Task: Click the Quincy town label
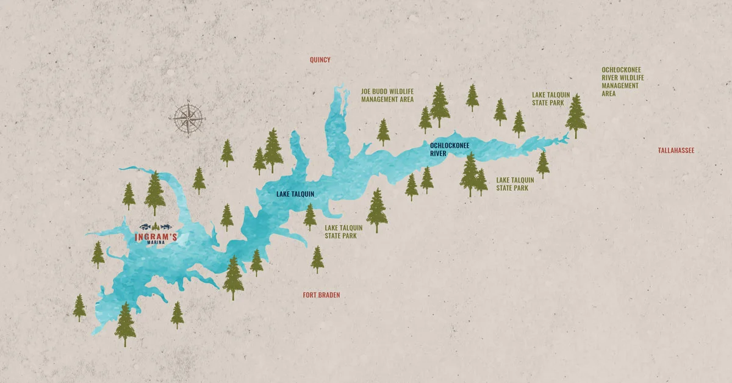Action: [320, 60]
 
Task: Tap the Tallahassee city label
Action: [676, 150]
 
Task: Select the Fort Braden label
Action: [321, 295]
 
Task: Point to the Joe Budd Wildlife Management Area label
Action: [387, 95]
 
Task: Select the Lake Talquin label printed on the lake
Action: [295, 195]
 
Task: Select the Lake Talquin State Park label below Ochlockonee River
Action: [515, 184]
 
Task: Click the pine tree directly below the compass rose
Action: [199, 180]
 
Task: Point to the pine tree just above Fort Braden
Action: [317, 259]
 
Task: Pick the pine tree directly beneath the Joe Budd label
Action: [383, 132]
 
